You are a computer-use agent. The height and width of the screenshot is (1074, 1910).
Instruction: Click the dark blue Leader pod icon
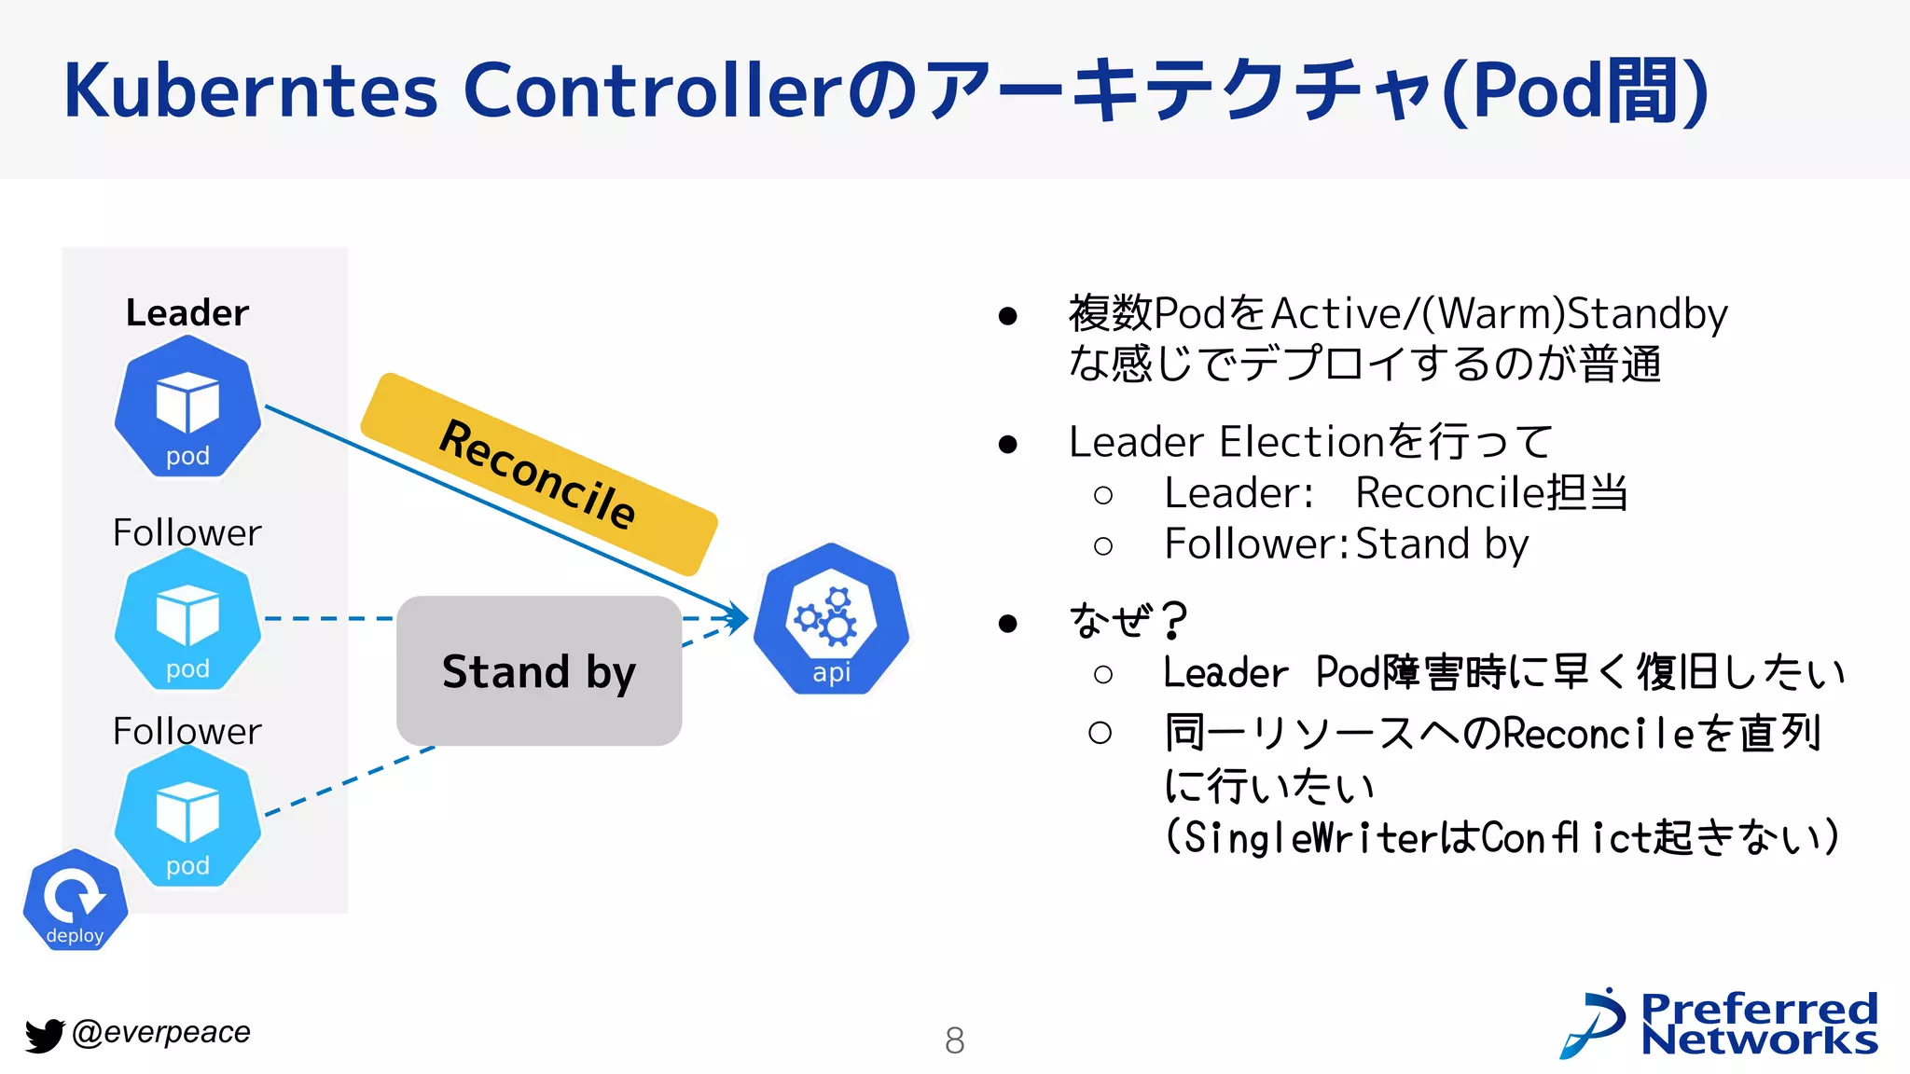click(x=187, y=407)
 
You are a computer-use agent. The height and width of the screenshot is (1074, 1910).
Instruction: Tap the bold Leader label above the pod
click(x=187, y=313)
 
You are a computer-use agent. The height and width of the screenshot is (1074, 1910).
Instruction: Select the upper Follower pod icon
click(x=187, y=620)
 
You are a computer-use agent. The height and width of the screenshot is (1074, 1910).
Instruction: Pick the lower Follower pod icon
click(x=187, y=818)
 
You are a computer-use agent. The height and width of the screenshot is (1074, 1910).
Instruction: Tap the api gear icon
click(x=831, y=620)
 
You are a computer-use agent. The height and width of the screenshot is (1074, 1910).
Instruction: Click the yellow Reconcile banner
click(x=539, y=475)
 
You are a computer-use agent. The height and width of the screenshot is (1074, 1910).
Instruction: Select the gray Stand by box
click(x=539, y=671)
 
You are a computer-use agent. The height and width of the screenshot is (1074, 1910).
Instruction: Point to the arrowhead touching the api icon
click(x=740, y=617)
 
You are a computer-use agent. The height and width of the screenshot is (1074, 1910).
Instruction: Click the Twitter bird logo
click(x=44, y=1035)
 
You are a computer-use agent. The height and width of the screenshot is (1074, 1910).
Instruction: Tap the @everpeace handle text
click(x=161, y=1032)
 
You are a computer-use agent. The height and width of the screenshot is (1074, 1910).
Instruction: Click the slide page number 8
click(x=954, y=1040)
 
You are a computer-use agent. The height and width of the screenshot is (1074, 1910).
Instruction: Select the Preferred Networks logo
click(x=1720, y=1024)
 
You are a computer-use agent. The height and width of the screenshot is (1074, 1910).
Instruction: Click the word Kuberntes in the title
click(x=250, y=90)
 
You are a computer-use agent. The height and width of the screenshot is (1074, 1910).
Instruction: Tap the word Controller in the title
click(x=653, y=90)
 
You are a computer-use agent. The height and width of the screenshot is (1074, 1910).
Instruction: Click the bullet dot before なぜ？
click(x=1007, y=623)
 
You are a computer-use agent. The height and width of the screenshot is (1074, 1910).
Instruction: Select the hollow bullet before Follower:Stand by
click(x=1103, y=546)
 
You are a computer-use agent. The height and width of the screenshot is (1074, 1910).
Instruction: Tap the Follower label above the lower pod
click(x=187, y=732)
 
